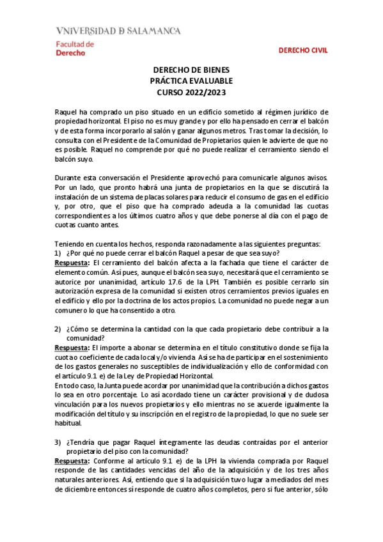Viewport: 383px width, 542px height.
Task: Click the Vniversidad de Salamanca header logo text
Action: [118, 30]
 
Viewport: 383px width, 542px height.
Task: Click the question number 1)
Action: [58, 253]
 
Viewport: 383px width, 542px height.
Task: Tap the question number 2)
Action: [58, 329]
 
